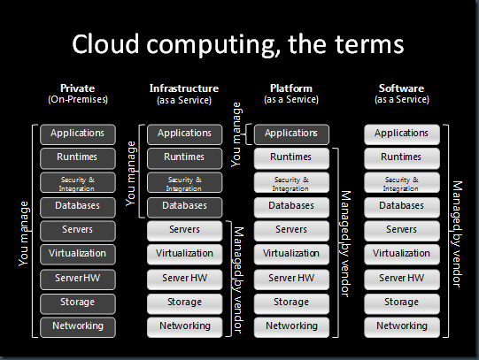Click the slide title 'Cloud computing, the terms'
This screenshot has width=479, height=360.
point(239,44)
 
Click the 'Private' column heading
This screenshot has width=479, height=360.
point(78,88)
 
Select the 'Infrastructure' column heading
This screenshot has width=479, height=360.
point(184,88)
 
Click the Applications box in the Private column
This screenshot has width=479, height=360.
point(78,134)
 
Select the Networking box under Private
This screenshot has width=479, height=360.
point(78,326)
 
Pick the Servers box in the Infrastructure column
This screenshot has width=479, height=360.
point(184,230)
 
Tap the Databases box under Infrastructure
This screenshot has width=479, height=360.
point(184,206)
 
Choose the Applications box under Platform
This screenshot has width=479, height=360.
point(290,134)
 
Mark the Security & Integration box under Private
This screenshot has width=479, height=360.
point(78,182)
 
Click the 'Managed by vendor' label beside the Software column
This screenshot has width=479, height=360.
point(458,231)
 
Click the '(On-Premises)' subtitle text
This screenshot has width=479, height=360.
point(78,100)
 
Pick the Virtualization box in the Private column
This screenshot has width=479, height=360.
point(78,254)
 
